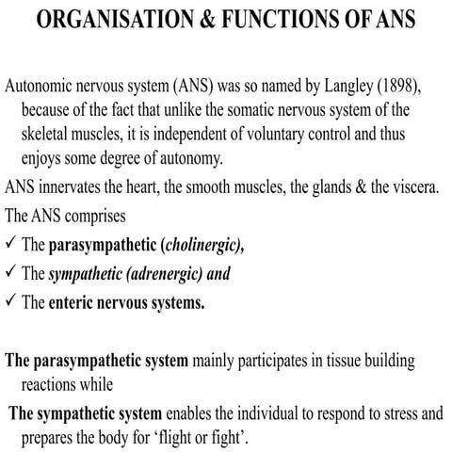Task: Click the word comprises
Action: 96,216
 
